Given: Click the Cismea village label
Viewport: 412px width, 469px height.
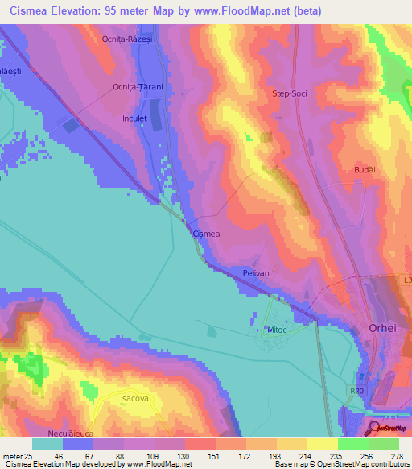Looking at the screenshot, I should point(208,234).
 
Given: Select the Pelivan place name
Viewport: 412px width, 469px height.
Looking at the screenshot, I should point(256,274).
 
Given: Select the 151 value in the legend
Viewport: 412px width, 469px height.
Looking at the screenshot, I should point(193,455).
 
